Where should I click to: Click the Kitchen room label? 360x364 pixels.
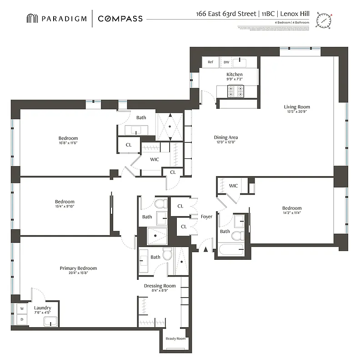(235, 74)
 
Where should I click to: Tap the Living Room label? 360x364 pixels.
(298, 107)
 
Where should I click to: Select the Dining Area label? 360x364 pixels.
(226, 137)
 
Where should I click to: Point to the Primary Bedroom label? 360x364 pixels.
(78, 268)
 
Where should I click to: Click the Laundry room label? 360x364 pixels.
(43, 308)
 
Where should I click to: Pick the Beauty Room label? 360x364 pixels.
(175, 339)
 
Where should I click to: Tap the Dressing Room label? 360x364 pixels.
(160, 286)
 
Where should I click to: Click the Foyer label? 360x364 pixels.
(206, 217)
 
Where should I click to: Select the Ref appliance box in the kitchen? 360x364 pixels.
(210, 62)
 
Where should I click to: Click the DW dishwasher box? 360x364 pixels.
(226, 62)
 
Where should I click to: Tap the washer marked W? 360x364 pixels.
(21, 308)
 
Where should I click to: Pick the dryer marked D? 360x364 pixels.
(21, 319)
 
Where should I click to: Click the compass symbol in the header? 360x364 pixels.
(325, 20)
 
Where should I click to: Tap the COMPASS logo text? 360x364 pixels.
(120, 19)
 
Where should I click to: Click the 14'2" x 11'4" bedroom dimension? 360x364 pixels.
(291, 212)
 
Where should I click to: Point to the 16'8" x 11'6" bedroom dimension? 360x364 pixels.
(68, 143)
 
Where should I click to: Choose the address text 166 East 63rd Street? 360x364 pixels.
(225, 14)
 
